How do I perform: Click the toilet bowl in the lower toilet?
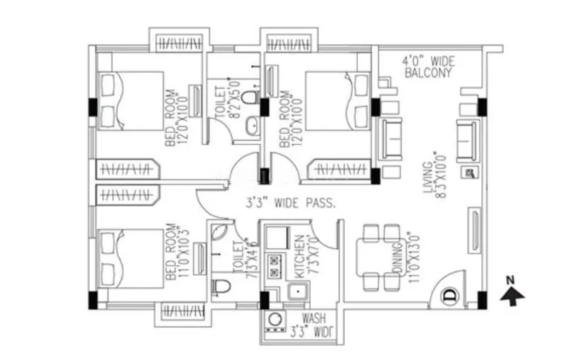click(221, 287)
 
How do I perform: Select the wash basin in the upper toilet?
click(250, 127)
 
